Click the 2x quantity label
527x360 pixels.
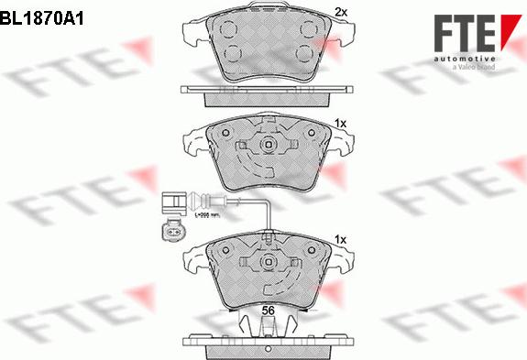click(341, 12)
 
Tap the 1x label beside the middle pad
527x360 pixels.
click(340, 123)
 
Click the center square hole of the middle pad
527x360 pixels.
click(268, 147)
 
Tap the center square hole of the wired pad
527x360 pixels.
click(268, 263)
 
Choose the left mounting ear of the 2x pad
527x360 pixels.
click(196, 35)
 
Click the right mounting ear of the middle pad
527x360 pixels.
click(343, 146)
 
